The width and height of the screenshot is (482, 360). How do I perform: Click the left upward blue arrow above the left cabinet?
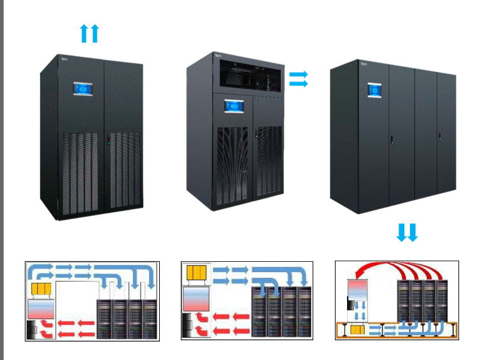84,33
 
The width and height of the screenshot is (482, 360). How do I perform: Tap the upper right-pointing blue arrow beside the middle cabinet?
298,75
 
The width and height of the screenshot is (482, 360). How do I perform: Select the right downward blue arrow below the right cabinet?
412,233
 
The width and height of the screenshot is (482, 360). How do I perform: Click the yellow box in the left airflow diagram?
41,290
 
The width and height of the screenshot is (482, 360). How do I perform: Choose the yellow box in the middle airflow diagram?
195,274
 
